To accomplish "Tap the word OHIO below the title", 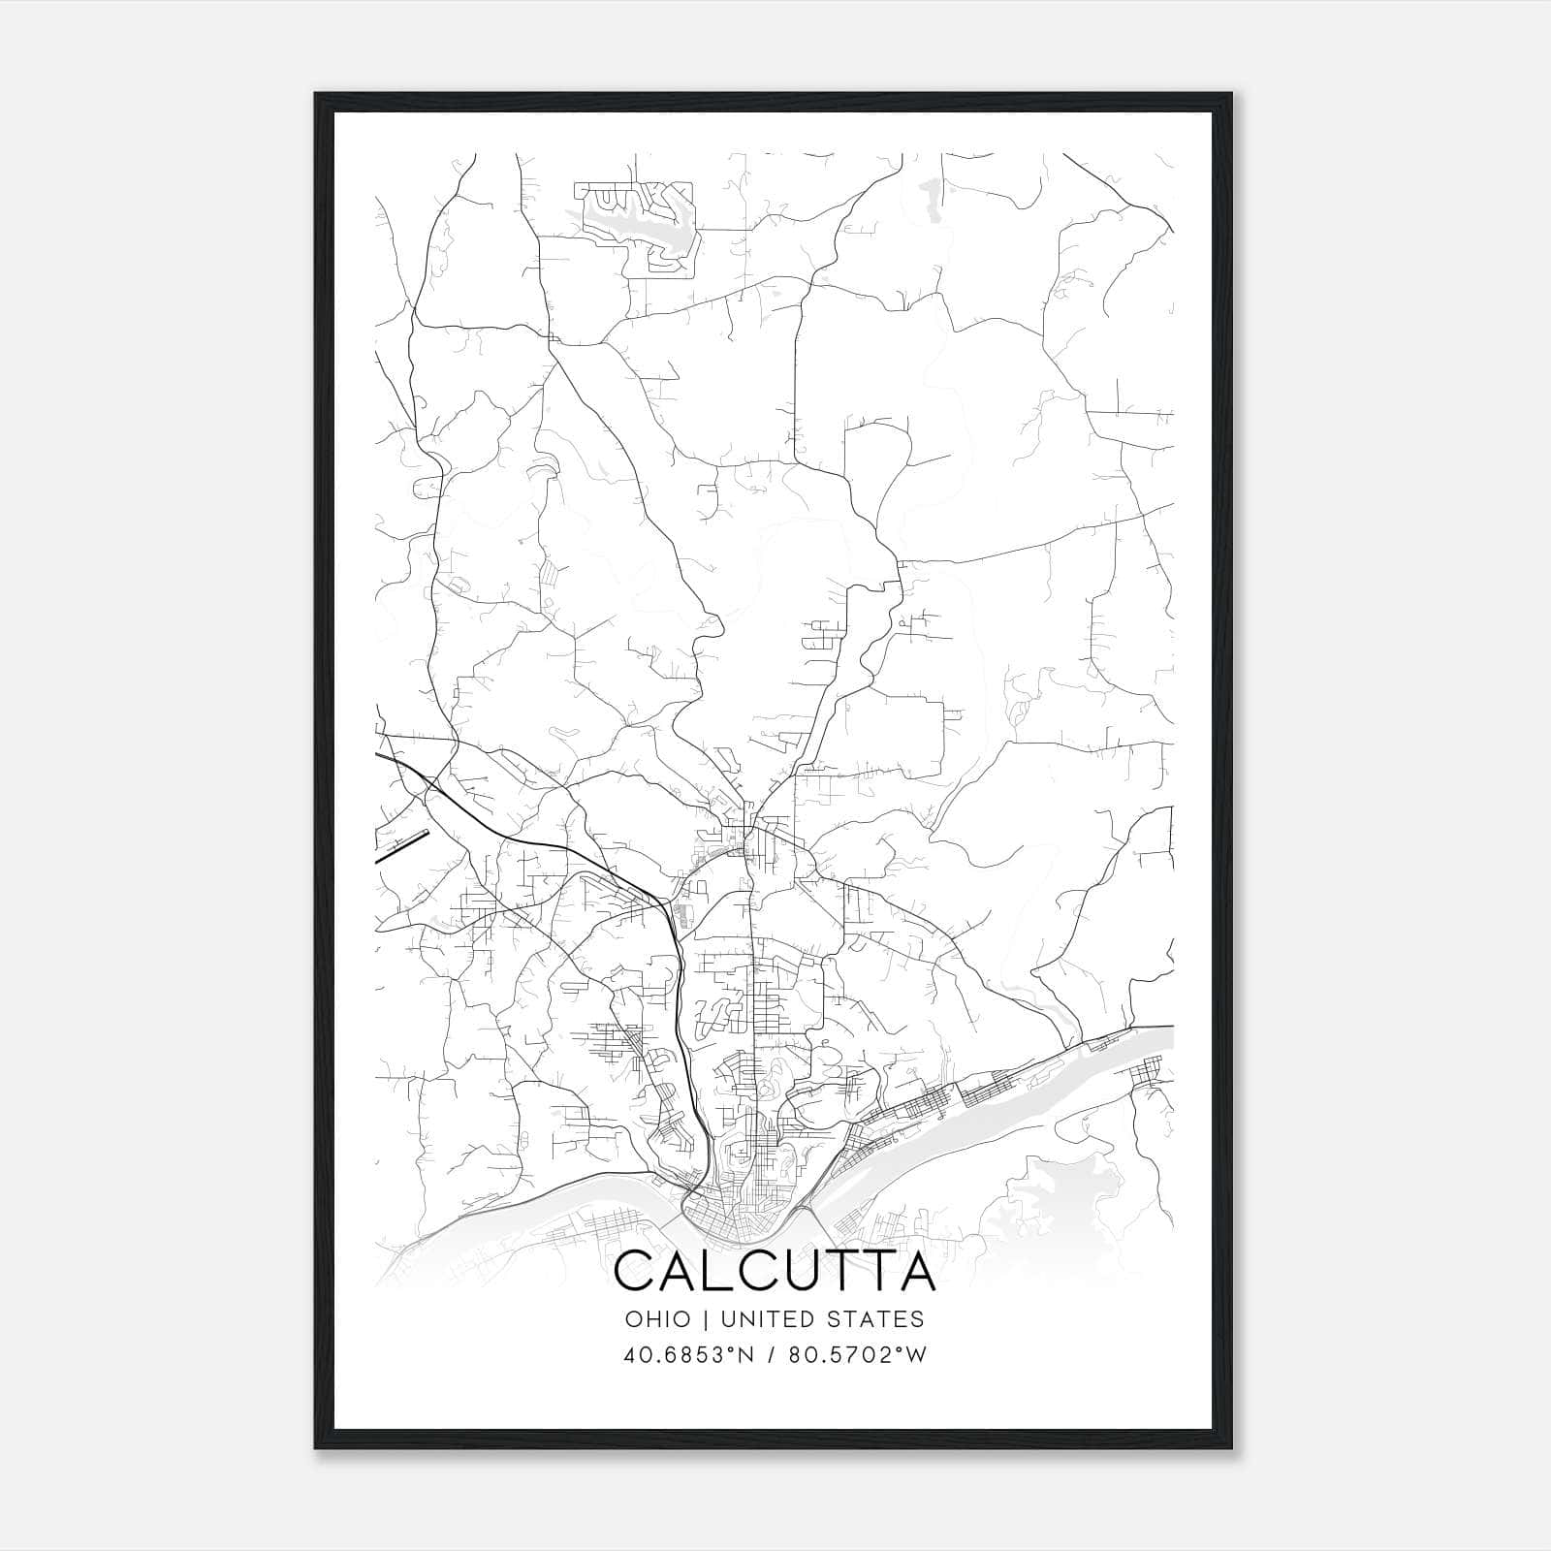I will [x=658, y=1319].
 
